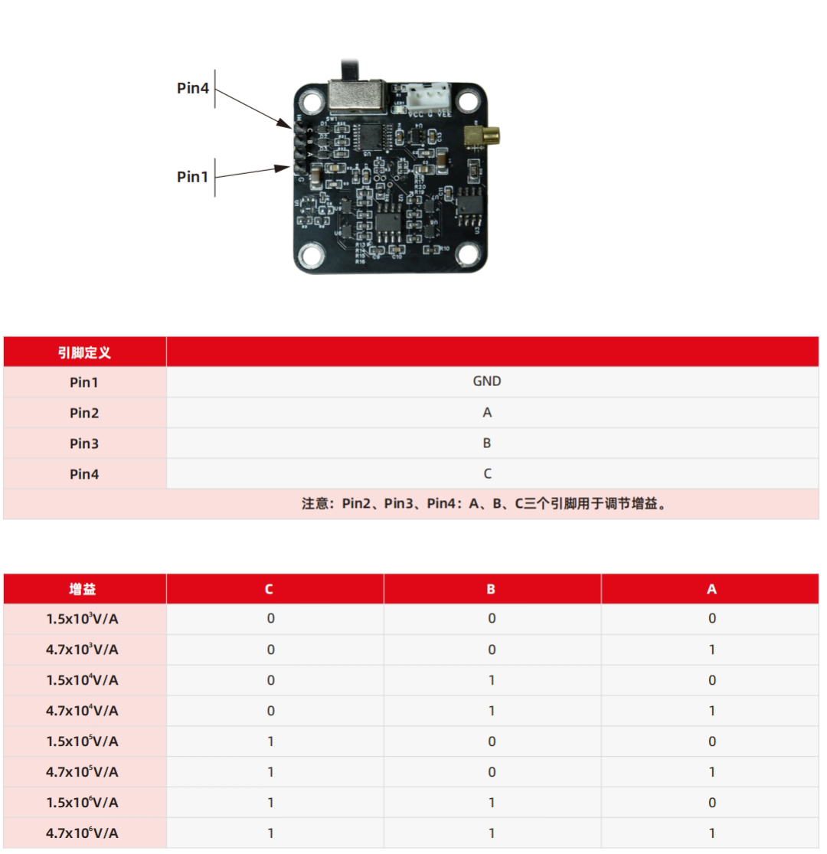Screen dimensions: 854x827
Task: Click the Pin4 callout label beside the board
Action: click(x=193, y=88)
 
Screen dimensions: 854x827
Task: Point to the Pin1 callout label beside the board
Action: click(x=193, y=177)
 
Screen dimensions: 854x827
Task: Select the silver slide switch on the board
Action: click(x=356, y=97)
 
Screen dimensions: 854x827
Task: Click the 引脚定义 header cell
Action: click(x=85, y=352)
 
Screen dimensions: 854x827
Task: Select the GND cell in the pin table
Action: click(x=487, y=381)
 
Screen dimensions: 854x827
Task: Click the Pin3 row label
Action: click(x=84, y=443)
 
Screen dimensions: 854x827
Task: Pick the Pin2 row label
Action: click(x=84, y=413)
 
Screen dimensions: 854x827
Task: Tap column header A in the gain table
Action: click(x=711, y=589)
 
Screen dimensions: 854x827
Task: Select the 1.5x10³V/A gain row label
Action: click(x=83, y=619)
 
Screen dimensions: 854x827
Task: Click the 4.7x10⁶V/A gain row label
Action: click(x=83, y=833)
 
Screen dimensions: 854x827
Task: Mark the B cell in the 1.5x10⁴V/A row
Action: click(x=492, y=680)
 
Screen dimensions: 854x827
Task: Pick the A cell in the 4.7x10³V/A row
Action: click(x=711, y=649)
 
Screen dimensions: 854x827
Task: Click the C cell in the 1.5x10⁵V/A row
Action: click(x=270, y=741)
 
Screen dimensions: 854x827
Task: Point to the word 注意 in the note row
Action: click(x=315, y=504)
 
